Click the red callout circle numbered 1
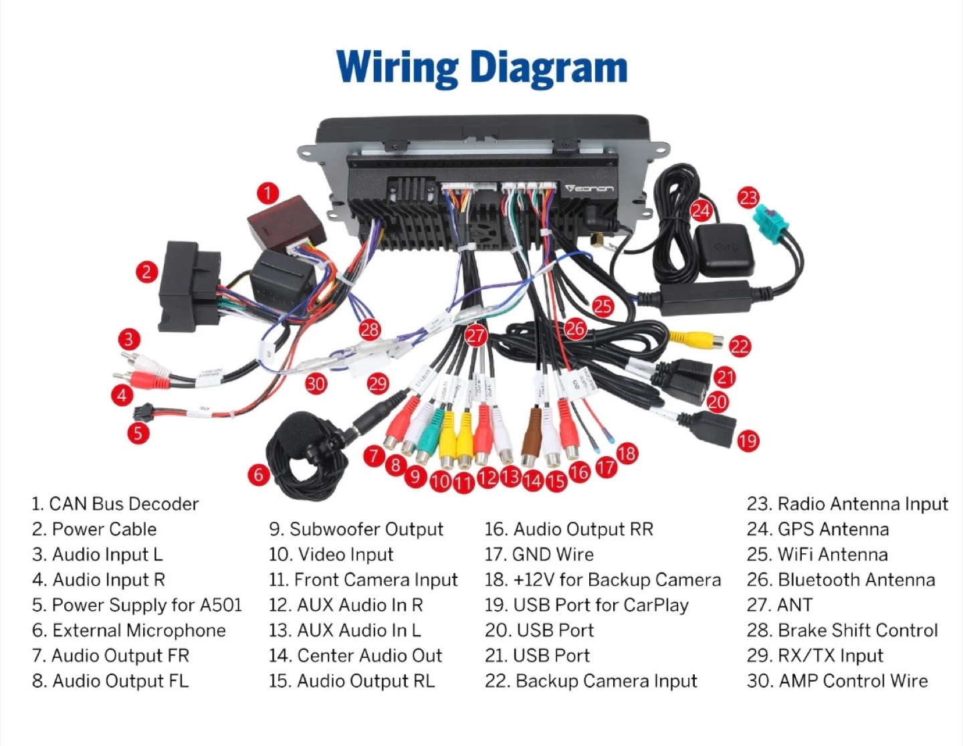(x=267, y=193)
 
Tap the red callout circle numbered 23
(x=748, y=198)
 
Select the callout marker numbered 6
(x=258, y=475)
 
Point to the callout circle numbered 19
(x=748, y=441)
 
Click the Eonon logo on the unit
(x=588, y=189)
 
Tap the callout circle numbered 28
(x=370, y=329)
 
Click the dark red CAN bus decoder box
(x=286, y=222)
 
